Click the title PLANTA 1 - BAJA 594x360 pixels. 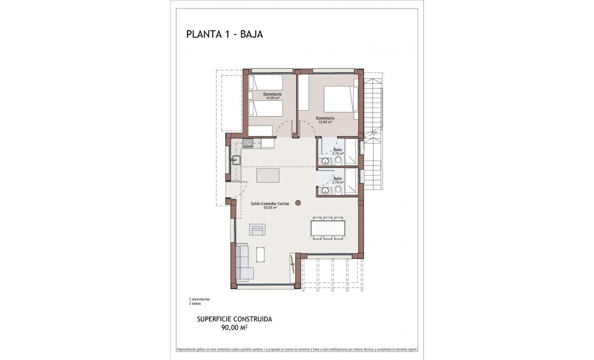(x=225, y=34)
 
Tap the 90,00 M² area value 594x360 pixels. (x=234, y=328)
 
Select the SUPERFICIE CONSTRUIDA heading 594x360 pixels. (x=234, y=319)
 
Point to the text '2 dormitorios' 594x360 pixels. (x=199, y=299)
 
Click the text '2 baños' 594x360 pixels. (x=195, y=304)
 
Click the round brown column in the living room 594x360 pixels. (x=298, y=203)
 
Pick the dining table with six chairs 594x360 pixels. (x=328, y=228)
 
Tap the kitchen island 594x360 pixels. (x=268, y=175)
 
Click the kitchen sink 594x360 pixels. (x=236, y=160)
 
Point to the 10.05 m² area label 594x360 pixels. (x=273, y=98)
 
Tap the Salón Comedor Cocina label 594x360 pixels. (x=270, y=203)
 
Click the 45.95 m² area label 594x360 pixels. (x=270, y=208)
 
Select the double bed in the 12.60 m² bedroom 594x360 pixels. (x=341, y=99)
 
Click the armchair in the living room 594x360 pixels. (x=258, y=229)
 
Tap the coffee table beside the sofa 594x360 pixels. (x=261, y=254)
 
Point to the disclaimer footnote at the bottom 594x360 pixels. (x=297, y=349)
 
